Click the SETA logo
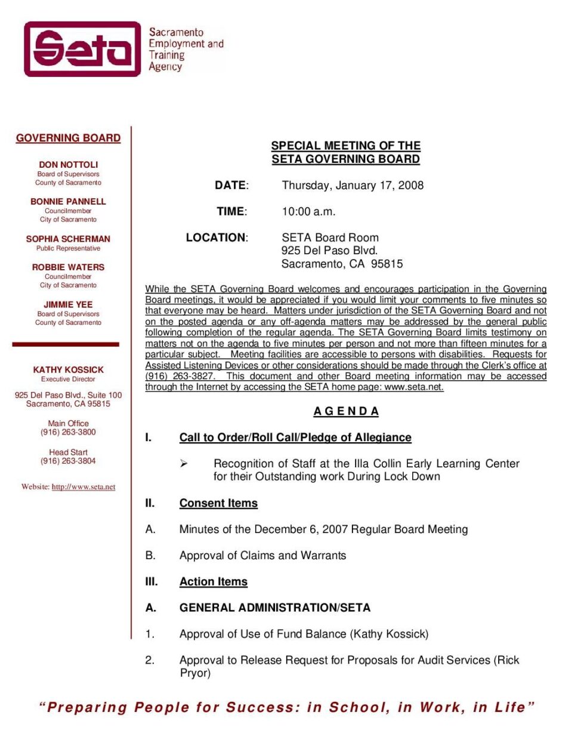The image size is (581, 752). (82, 49)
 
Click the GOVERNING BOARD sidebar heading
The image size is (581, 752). (68, 138)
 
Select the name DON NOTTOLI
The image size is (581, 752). (68, 165)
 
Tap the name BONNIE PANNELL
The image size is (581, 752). (68, 202)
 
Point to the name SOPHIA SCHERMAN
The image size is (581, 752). (68, 239)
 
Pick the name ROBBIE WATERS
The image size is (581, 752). (68, 267)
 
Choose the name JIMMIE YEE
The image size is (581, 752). (68, 304)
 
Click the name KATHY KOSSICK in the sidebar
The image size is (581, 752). (68, 370)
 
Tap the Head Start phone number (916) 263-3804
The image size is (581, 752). (68, 461)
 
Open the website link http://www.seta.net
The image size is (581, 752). (84, 487)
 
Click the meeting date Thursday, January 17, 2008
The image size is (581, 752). (353, 186)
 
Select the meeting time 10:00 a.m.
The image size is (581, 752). (308, 212)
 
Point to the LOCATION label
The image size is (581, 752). (217, 238)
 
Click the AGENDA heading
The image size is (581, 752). (346, 411)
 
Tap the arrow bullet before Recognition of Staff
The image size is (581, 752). (184, 464)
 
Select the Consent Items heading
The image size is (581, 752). (218, 503)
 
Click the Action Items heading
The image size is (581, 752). (213, 582)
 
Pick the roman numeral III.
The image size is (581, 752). (152, 582)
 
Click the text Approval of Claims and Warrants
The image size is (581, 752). (262, 556)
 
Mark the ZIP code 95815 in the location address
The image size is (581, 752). (387, 264)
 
